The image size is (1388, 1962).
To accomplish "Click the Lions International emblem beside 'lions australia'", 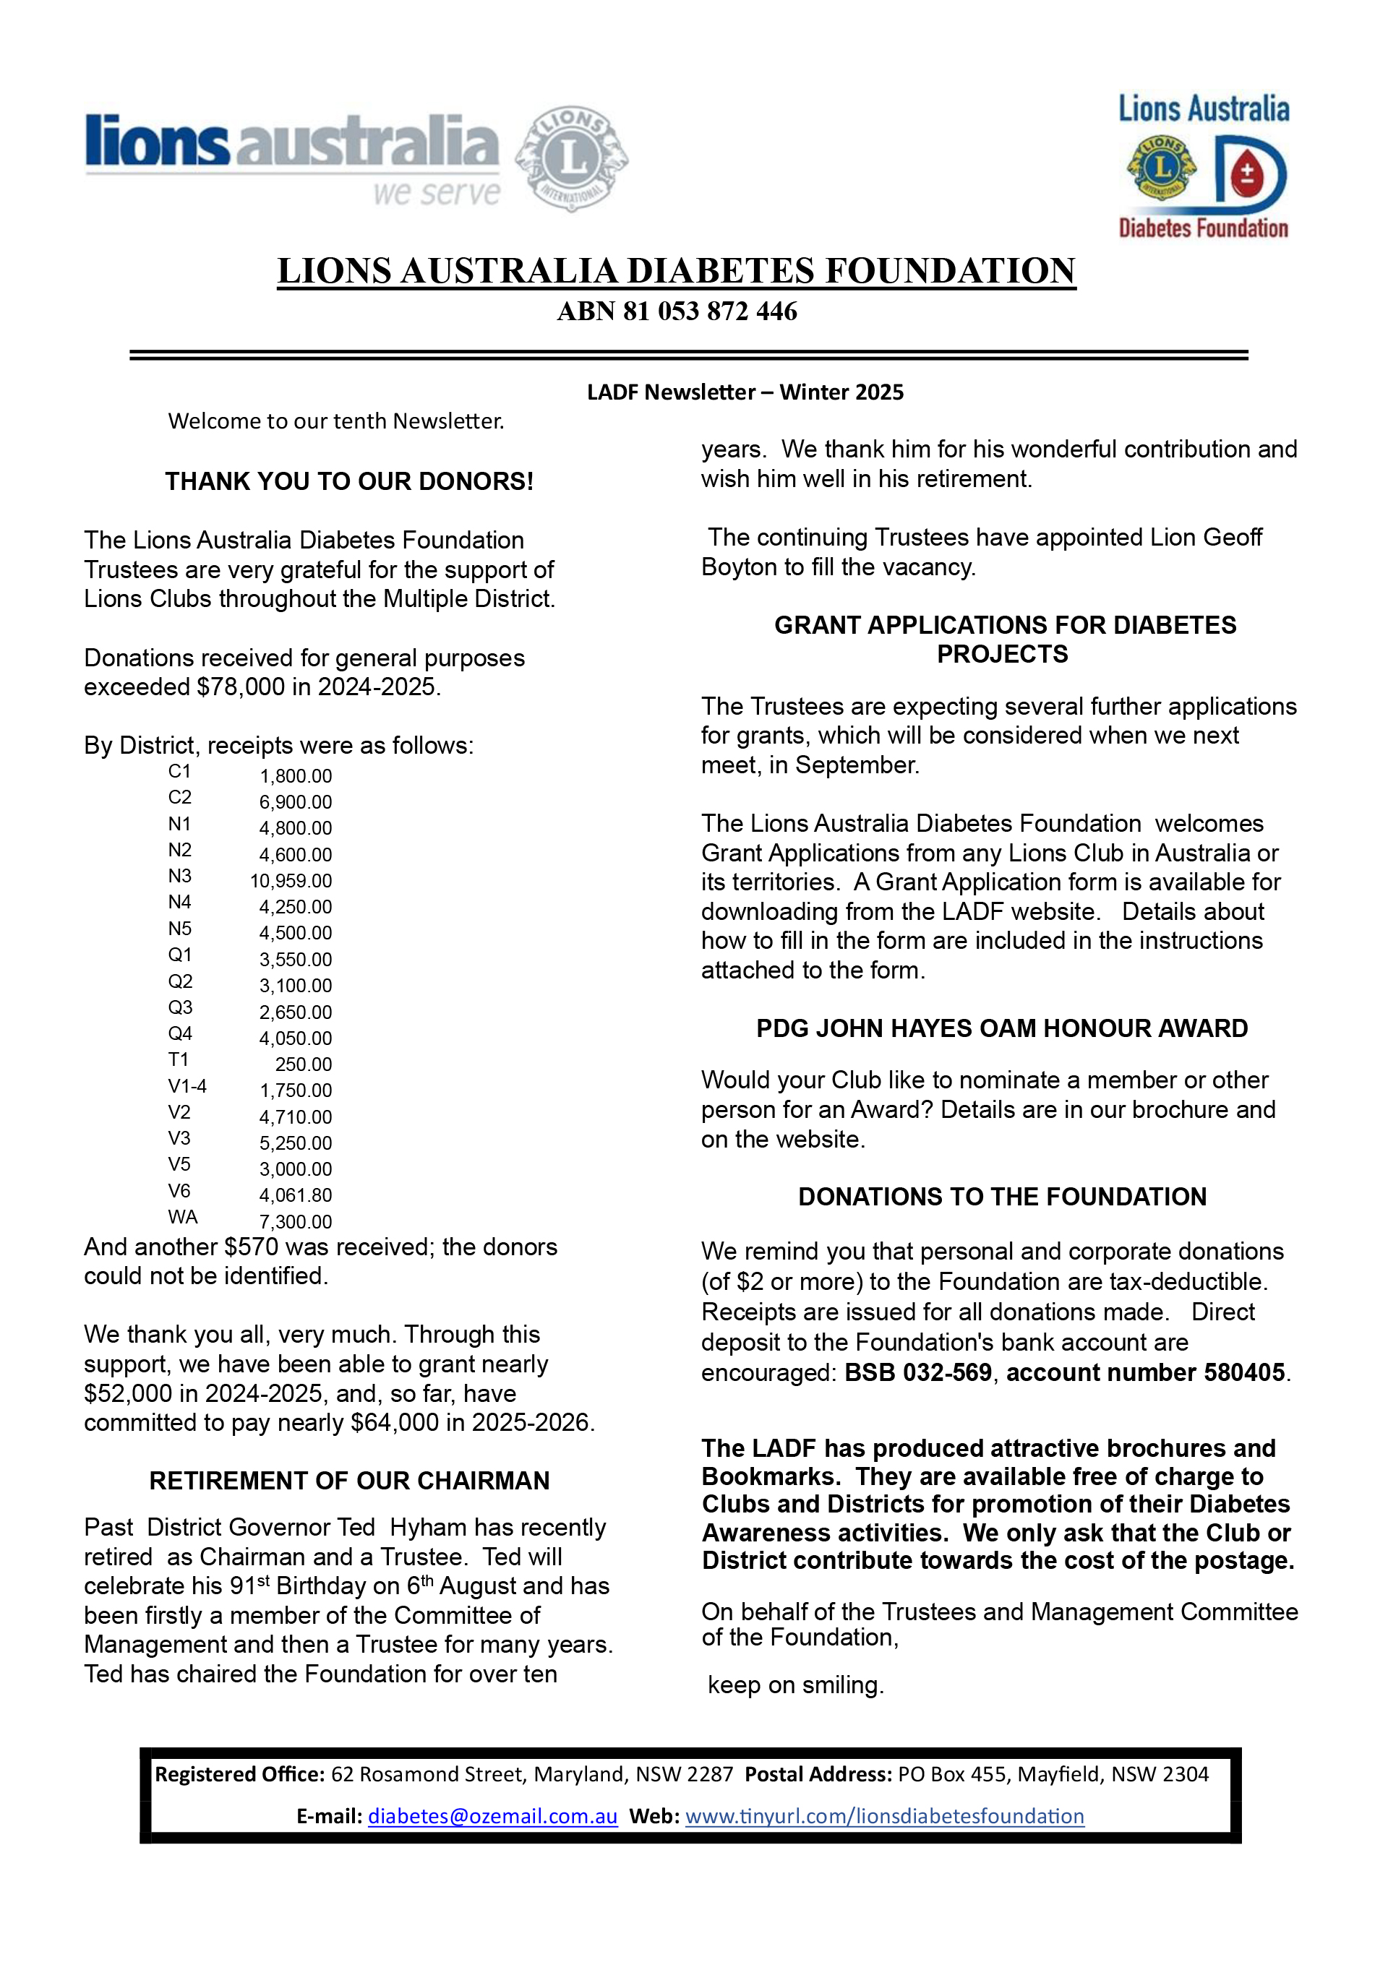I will tap(571, 158).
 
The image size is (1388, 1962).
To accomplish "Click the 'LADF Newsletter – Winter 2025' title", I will tap(745, 392).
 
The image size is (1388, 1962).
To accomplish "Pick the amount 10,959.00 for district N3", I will tap(291, 880).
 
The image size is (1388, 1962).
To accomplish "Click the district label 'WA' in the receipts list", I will tap(182, 1217).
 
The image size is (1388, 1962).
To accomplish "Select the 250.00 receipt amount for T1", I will tap(304, 1064).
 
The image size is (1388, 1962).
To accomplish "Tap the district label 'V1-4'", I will tap(187, 1086).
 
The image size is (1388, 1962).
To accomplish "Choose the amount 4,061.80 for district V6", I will tap(296, 1195).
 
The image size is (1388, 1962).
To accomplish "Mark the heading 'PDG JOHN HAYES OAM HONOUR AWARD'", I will tap(1002, 1028).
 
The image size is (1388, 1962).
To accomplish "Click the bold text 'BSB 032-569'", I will tap(918, 1372).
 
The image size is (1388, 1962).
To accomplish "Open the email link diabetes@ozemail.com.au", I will tap(492, 1816).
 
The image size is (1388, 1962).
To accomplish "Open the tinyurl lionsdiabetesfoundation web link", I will tap(885, 1816).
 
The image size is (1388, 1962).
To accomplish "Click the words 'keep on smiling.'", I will tap(796, 1685).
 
